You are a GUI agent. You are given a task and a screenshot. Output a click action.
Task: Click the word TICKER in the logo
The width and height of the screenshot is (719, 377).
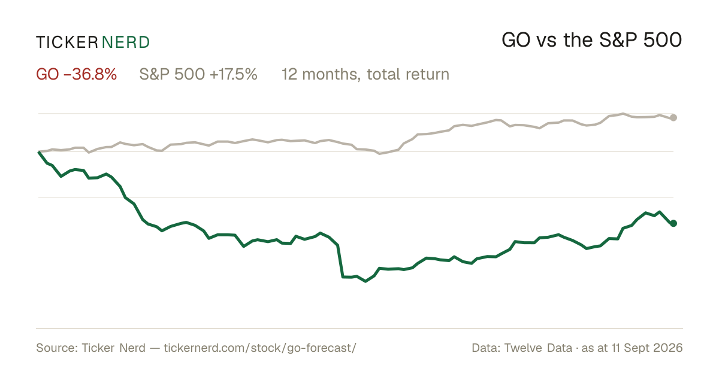click(x=67, y=42)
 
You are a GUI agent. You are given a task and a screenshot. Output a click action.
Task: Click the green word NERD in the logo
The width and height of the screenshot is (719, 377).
click(x=125, y=42)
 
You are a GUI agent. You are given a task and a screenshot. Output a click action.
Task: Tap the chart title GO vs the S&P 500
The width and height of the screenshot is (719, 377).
click(x=591, y=40)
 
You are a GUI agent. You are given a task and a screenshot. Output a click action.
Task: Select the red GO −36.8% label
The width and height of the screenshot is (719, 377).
click(x=77, y=74)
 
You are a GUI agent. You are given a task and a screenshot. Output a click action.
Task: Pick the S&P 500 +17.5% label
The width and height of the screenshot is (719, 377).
click(x=198, y=74)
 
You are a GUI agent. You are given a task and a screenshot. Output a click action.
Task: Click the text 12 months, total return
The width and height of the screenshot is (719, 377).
click(x=365, y=74)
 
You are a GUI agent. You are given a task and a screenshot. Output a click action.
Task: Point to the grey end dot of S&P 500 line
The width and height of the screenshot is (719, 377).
click(x=673, y=118)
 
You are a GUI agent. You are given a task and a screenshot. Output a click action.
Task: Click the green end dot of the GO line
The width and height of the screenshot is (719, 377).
click(x=673, y=223)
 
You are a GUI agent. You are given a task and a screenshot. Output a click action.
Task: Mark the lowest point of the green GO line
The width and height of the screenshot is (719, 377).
click(x=365, y=281)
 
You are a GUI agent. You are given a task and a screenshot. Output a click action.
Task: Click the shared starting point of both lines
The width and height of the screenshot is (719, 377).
click(x=39, y=151)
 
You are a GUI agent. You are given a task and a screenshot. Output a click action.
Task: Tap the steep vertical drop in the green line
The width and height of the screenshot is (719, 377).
click(x=340, y=261)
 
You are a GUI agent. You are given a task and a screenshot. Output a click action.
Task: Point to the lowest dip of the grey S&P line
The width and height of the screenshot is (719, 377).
click(x=380, y=154)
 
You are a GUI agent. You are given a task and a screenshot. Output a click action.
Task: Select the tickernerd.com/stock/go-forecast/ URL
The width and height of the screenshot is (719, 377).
click(x=260, y=348)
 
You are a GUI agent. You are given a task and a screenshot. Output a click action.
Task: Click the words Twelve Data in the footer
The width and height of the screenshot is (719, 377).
click(x=538, y=348)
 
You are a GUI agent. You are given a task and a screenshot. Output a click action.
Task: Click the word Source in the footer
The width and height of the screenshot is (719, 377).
click(x=56, y=348)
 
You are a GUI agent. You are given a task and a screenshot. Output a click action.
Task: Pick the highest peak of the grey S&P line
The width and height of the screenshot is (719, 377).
click(x=623, y=114)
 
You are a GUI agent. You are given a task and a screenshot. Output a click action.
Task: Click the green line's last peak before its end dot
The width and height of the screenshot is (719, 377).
click(x=659, y=212)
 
